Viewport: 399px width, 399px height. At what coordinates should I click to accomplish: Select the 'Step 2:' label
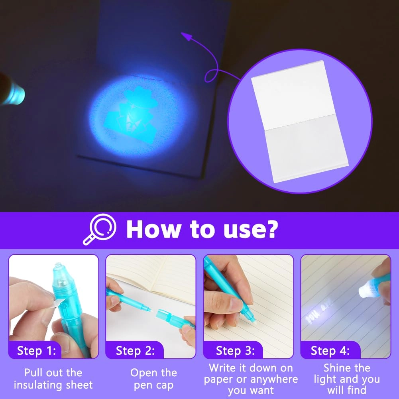click(x=134, y=350)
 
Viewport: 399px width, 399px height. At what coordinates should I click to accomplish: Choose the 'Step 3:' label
click(x=235, y=350)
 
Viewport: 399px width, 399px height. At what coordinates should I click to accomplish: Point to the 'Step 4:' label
click(x=330, y=350)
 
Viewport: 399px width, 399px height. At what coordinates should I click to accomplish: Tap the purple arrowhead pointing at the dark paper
click(x=185, y=36)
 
